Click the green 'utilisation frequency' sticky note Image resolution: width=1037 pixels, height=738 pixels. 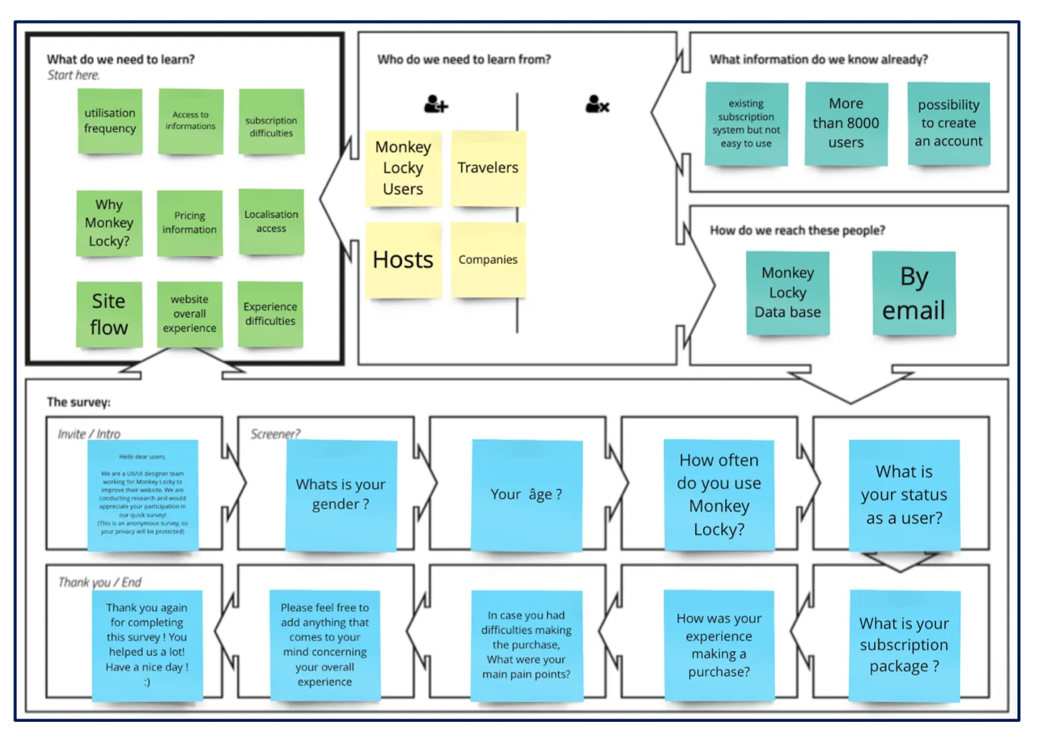(110, 121)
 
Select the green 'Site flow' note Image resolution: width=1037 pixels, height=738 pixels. (109, 314)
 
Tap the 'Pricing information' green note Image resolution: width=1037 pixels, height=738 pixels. (189, 223)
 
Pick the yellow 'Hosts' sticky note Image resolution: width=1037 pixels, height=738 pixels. (403, 260)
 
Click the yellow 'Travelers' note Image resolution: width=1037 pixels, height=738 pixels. (488, 168)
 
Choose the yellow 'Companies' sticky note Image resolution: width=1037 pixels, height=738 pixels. (488, 260)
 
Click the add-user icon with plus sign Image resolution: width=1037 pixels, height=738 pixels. (436, 104)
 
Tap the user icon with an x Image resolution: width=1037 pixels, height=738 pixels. (597, 104)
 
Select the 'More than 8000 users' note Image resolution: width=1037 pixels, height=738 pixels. (846, 123)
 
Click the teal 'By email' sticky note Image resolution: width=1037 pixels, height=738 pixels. (914, 294)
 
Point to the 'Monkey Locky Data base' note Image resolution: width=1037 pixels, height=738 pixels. (787, 293)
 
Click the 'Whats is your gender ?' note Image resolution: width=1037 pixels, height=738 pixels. (341, 495)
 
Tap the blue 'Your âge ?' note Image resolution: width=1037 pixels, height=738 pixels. (526, 495)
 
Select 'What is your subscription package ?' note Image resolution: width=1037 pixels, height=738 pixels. (904, 645)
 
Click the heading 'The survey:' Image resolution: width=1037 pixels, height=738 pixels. (78, 402)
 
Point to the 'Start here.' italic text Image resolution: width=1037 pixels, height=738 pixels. (73, 75)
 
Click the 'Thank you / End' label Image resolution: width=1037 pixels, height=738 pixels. (100, 582)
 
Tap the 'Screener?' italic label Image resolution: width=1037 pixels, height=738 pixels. (275, 434)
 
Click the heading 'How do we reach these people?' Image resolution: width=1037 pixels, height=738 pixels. (797, 230)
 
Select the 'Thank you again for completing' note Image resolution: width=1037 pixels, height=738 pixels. (147, 645)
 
